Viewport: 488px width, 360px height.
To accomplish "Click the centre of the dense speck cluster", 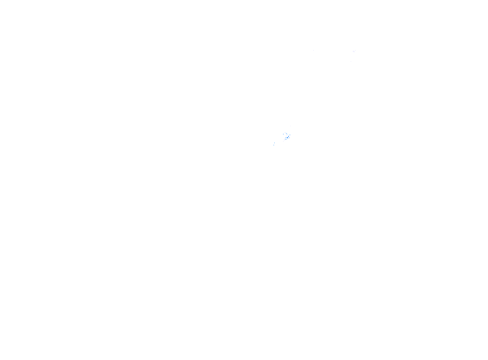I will pyautogui.click(x=287, y=136).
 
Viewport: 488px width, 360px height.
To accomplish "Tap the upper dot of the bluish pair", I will pyautogui.click(x=274, y=143).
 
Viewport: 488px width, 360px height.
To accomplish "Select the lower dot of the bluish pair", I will pyautogui.click(x=273, y=145).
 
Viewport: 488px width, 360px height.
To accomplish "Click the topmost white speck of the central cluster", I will pyautogui.click(x=285, y=132).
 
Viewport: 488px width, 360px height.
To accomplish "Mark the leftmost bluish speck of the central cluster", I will pyautogui.click(x=283, y=134).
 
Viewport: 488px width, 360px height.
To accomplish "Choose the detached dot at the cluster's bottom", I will pyautogui.click(x=283, y=141).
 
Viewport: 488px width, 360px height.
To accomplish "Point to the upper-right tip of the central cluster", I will pyautogui.click(x=290, y=134).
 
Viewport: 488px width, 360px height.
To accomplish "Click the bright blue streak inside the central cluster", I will pyautogui.click(x=287, y=137).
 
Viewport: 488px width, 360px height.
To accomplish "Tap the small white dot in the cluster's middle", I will pyautogui.click(x=286, y=135).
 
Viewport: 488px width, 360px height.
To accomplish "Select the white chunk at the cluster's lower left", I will pyautogui.click(x=284, y=140).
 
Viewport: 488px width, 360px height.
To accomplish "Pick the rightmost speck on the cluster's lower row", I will pyautogui.click(x=290, y=137).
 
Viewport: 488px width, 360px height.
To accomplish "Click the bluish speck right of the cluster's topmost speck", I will pyautogui.click(x=287, y=134).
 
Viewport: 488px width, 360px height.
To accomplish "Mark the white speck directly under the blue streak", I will pyautogui.click(x=288, y=138).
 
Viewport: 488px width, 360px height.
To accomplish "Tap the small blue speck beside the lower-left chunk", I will pyautogui.click(x=286, y=139).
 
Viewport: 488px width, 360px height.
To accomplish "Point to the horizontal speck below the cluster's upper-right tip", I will pyautogui.click(x=288, y=136).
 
